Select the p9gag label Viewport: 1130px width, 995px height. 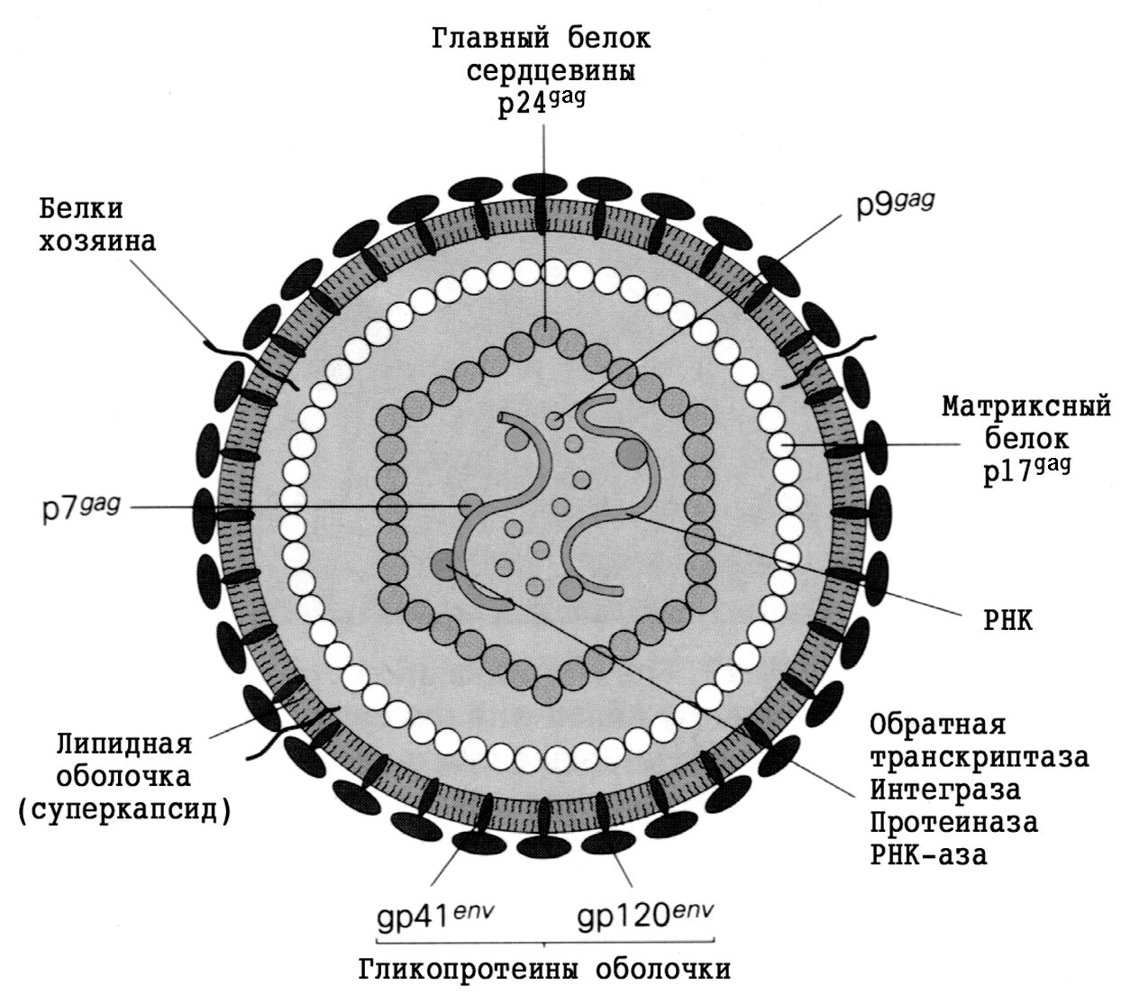[x=894, y=206]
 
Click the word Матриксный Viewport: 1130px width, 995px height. [x=1026, y=407]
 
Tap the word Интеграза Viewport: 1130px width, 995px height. [x=945, y=790]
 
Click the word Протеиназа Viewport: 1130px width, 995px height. [x=953, y=822]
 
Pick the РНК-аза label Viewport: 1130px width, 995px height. [x=928, y=854]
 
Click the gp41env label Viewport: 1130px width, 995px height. [x=434, y=919]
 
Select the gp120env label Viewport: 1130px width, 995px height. [x=645, y=919]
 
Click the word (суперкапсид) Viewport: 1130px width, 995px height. [x=124, y=809]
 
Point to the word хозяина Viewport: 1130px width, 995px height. [x=97, y=242]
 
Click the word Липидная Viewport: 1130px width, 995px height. [x=124, y=744]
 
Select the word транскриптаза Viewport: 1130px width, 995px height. [x=979, y=757]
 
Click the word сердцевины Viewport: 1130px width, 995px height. [x=551, y=71]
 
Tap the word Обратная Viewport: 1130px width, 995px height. [x=936, y=724]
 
